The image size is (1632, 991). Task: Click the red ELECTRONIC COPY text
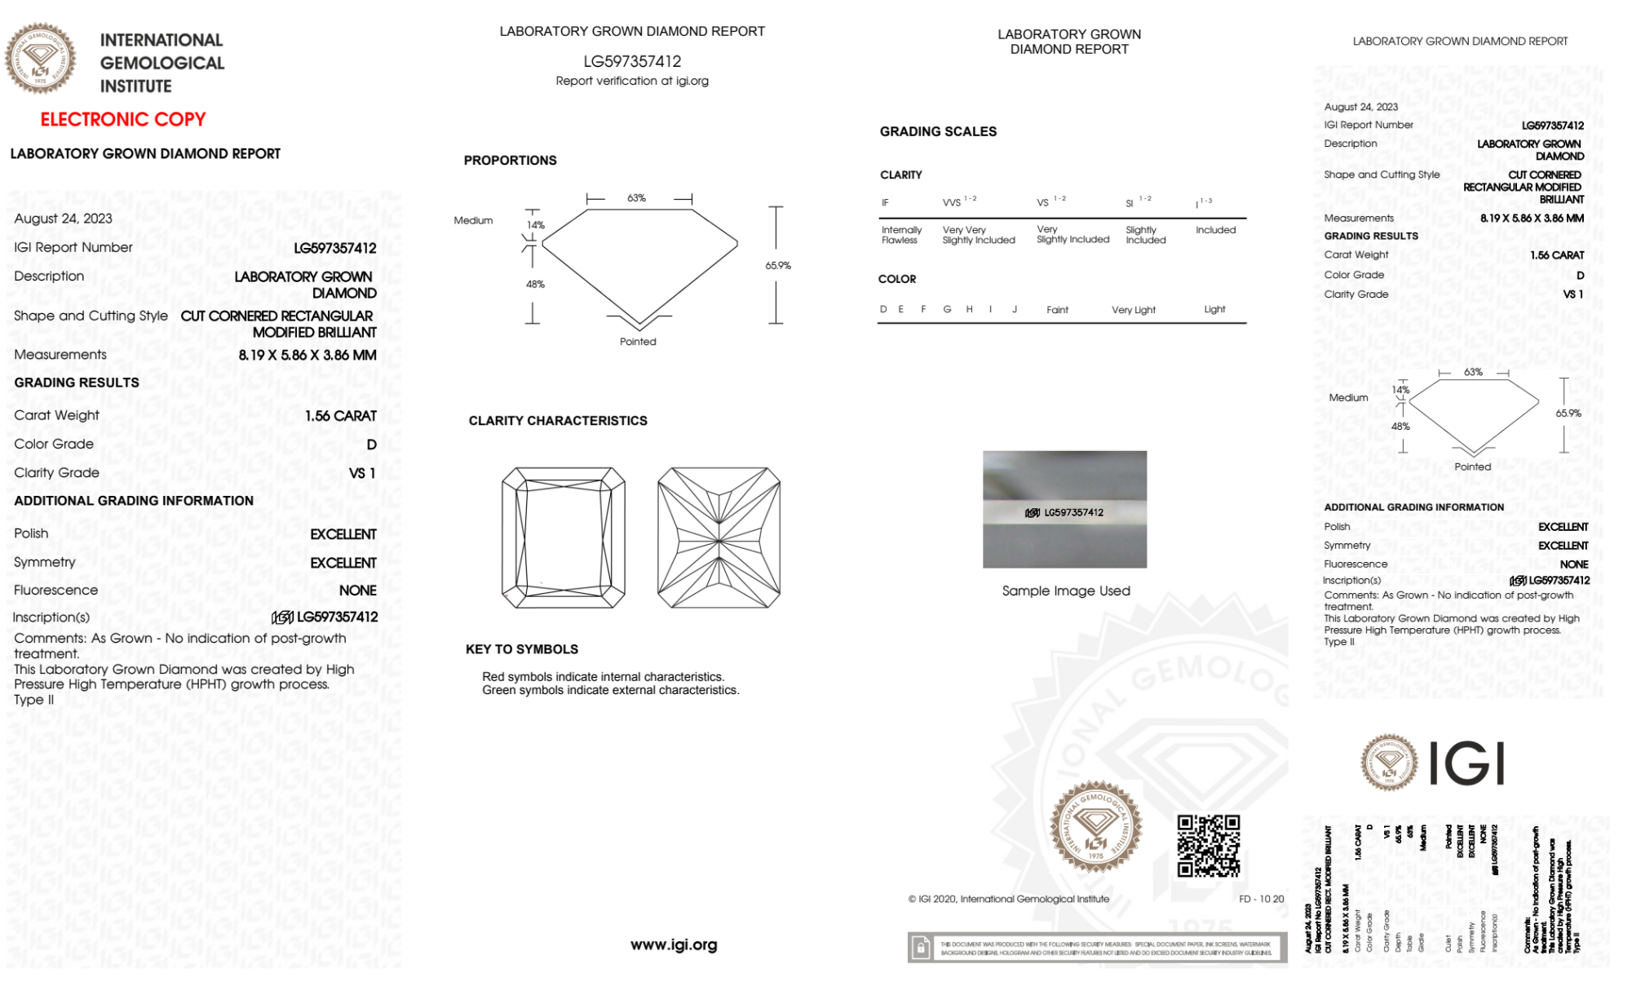(x=122, y=119)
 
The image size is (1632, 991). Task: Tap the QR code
(x=1208, y=846)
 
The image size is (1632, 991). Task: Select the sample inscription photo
(x=1064, y=509)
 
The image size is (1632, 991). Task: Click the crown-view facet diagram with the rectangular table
(x=563, y=538)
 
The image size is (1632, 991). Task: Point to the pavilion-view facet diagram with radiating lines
(x=719, y=538)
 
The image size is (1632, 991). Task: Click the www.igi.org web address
(x=674, y=945)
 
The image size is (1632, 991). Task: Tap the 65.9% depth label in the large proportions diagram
(x=778, y=265)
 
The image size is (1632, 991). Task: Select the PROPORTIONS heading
(x=510, y=161)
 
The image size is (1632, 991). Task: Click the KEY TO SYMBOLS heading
(x=522, y=649)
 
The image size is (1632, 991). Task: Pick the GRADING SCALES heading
(x=938, y=131)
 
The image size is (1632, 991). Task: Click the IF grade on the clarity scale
(x=885, y=203)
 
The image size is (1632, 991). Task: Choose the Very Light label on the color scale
(x=1133, y=310)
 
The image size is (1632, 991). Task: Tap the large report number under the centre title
(x=632, y=61)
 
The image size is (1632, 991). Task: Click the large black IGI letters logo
(x=1467, y=763)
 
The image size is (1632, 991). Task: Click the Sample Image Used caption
(x=1066, y=591)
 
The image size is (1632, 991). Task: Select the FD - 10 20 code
(x=1261, y=899)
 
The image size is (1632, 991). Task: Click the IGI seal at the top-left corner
(x=40, y=59)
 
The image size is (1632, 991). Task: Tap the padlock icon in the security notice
(x=921, y=948)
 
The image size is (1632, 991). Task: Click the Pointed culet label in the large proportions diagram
(x=638, y=342)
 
